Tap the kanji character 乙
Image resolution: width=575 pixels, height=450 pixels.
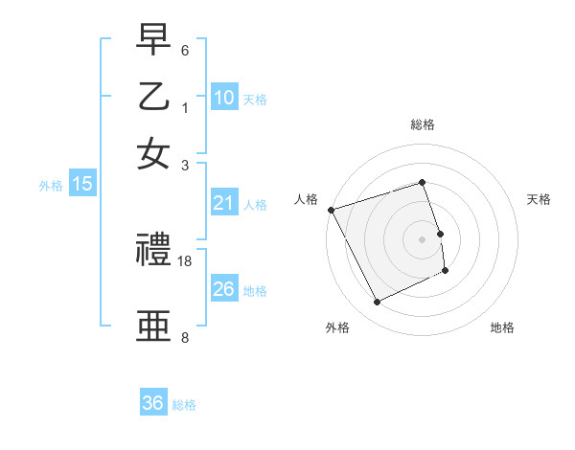(x=153, y=97)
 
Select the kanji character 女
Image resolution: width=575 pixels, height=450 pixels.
(x=153, y=153)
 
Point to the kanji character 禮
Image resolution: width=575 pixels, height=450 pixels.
(x=153, y=252)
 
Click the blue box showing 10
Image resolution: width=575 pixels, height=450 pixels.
(x=224, y=98)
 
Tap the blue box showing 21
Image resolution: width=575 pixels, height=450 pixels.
(x=224, y=203)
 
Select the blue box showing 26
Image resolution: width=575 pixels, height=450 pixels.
(x=224, y=289)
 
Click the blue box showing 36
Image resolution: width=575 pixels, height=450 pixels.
(x=153, y=403)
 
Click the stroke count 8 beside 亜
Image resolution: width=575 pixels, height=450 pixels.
(x=185, y=337)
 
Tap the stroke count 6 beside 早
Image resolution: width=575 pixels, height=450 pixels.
(x=185, y=50)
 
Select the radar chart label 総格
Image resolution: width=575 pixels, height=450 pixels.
(x=423, y=124)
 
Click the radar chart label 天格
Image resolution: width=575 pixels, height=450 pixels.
(x=539, y=199)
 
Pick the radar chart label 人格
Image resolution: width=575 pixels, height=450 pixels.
(x=306, y=199)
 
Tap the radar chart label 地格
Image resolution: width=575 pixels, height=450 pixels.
(x=502, y=327)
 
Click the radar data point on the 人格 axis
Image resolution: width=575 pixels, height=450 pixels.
(x=331, y=210)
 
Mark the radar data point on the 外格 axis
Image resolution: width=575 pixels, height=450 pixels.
(x=377, y=303)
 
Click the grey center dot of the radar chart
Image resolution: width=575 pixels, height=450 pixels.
(x=423, y=239)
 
